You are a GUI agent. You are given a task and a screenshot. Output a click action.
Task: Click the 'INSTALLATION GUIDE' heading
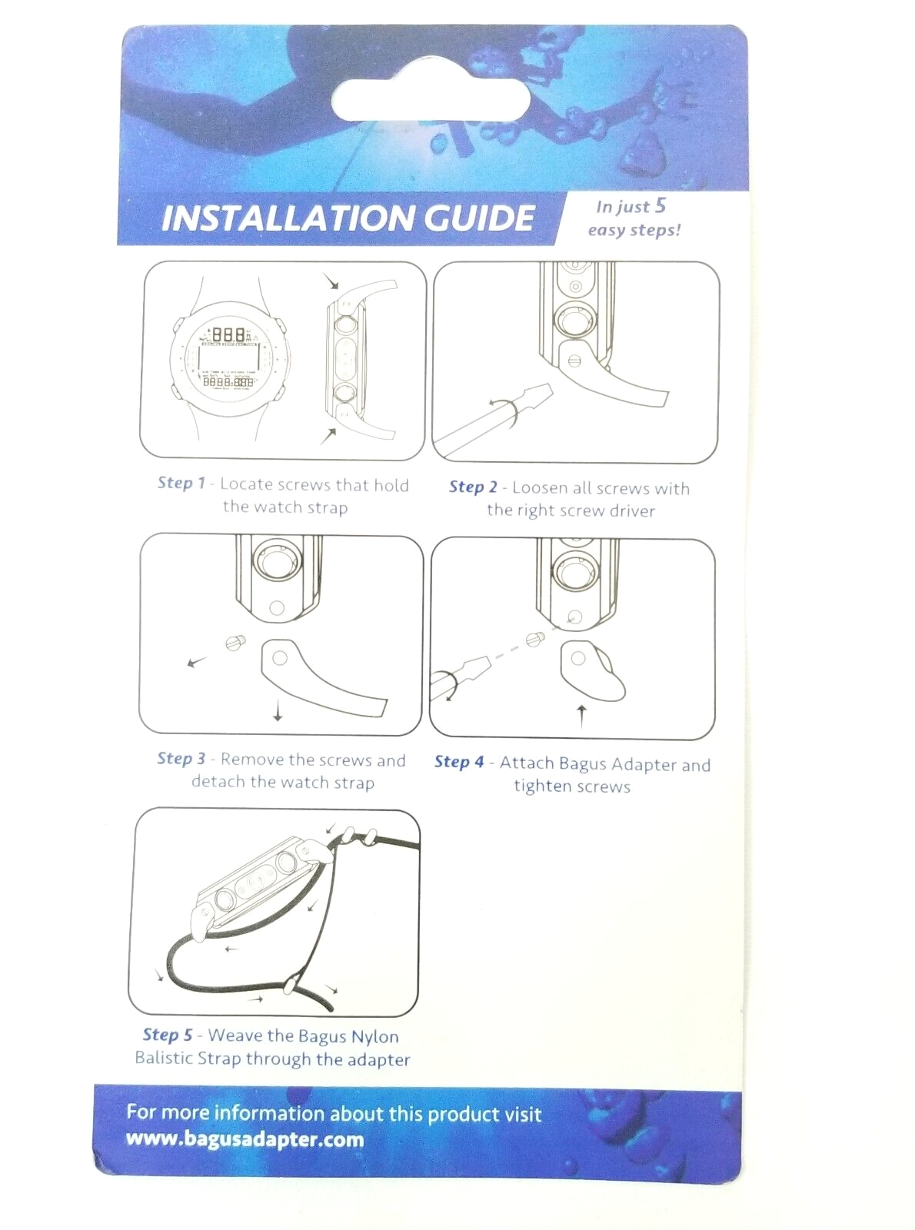(348, 218)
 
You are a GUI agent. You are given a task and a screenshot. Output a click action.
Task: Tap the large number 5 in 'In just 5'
(660, 205)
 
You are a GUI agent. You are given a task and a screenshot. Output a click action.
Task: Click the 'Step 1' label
(181, 483)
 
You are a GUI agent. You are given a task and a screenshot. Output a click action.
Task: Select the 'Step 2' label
(473, 487)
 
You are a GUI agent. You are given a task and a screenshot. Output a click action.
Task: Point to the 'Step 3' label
(181, 758)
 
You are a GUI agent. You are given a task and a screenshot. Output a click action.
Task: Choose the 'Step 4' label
(459, 762)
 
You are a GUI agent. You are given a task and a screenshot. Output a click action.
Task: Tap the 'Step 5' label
(168, 1034)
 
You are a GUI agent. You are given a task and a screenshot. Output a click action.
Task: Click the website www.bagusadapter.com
(245, 1139)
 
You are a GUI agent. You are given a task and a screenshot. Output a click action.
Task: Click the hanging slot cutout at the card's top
(430, 99)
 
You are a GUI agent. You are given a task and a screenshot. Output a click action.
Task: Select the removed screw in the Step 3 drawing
(235, 643)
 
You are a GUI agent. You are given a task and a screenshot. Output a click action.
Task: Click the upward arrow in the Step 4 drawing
(581, 716)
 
